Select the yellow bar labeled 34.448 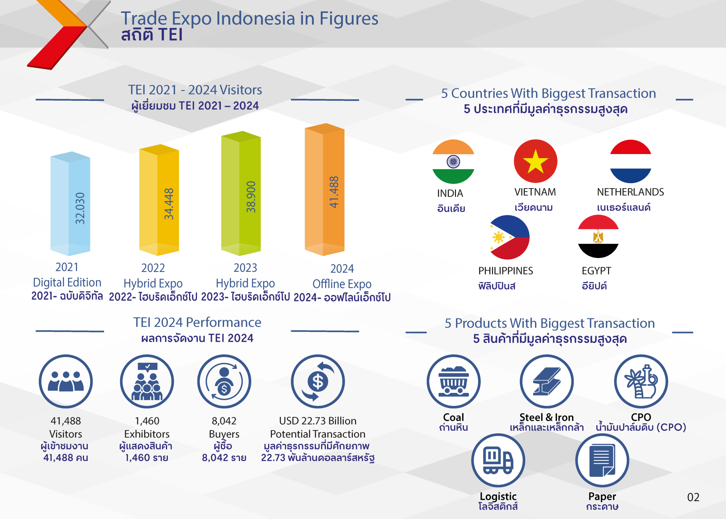point(159,200)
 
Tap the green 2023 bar point(241,193)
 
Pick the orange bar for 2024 point(324,189)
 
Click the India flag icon point(453,162)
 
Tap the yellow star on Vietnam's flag point(535,161)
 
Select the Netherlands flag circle point(631,161)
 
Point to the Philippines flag point(509,237)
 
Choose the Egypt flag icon point(598,236)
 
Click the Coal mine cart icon point(454,382)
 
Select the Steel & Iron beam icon point(547,382)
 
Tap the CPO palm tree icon point(641,382)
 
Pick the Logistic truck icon point(498,460)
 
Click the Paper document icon point(602,460)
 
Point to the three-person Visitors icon point(66,382)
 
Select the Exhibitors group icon point(147,382)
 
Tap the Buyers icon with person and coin point(224,382)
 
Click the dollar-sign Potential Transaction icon point(318,382)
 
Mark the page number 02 point(693,497)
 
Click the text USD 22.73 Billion point(318,421)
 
